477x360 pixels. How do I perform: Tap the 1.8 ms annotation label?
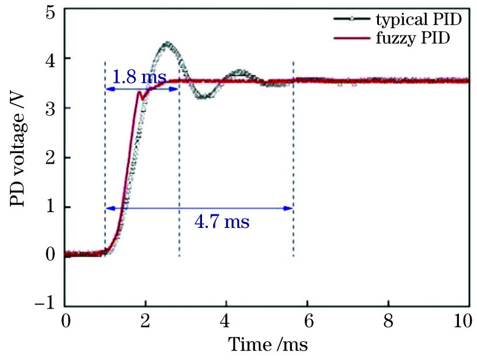(139, 77)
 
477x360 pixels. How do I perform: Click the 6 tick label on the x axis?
(307, 321)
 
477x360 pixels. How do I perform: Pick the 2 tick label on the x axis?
(145, 321)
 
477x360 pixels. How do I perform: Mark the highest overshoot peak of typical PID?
(168, 43)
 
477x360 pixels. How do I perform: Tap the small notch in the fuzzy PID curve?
(141, 92)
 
